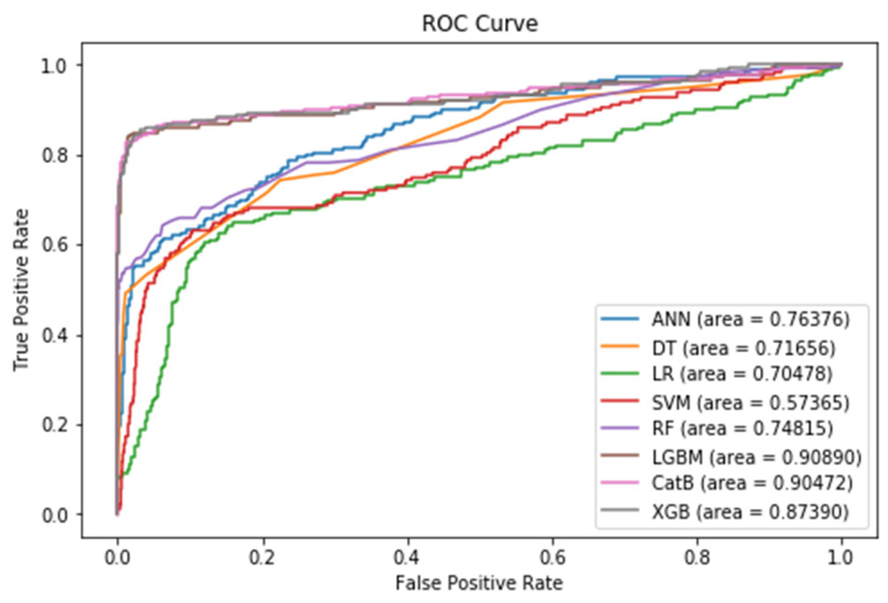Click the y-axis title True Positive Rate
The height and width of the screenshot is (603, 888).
tap(21, 290)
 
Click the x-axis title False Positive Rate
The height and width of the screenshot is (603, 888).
tap(479, 583)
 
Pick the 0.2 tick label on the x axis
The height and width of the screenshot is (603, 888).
tap(262, 557)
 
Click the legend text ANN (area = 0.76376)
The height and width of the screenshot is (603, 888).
tap(750, 319)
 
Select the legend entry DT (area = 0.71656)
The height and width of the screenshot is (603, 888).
tap(743, 348)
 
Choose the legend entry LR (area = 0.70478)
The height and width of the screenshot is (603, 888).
tap(742, 374)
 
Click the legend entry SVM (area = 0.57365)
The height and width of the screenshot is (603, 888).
tap(750, 403)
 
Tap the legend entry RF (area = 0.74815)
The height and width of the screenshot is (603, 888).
tap(742, 429)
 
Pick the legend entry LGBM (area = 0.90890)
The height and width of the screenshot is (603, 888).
tap(756, 457)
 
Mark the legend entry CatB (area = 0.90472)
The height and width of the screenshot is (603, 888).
tap(752, 483)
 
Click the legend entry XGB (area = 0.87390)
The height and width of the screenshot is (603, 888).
tap(750, 512)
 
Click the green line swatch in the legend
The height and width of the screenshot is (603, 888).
tap(620, 374)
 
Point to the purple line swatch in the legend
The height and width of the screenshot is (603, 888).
tap(620, 428)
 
